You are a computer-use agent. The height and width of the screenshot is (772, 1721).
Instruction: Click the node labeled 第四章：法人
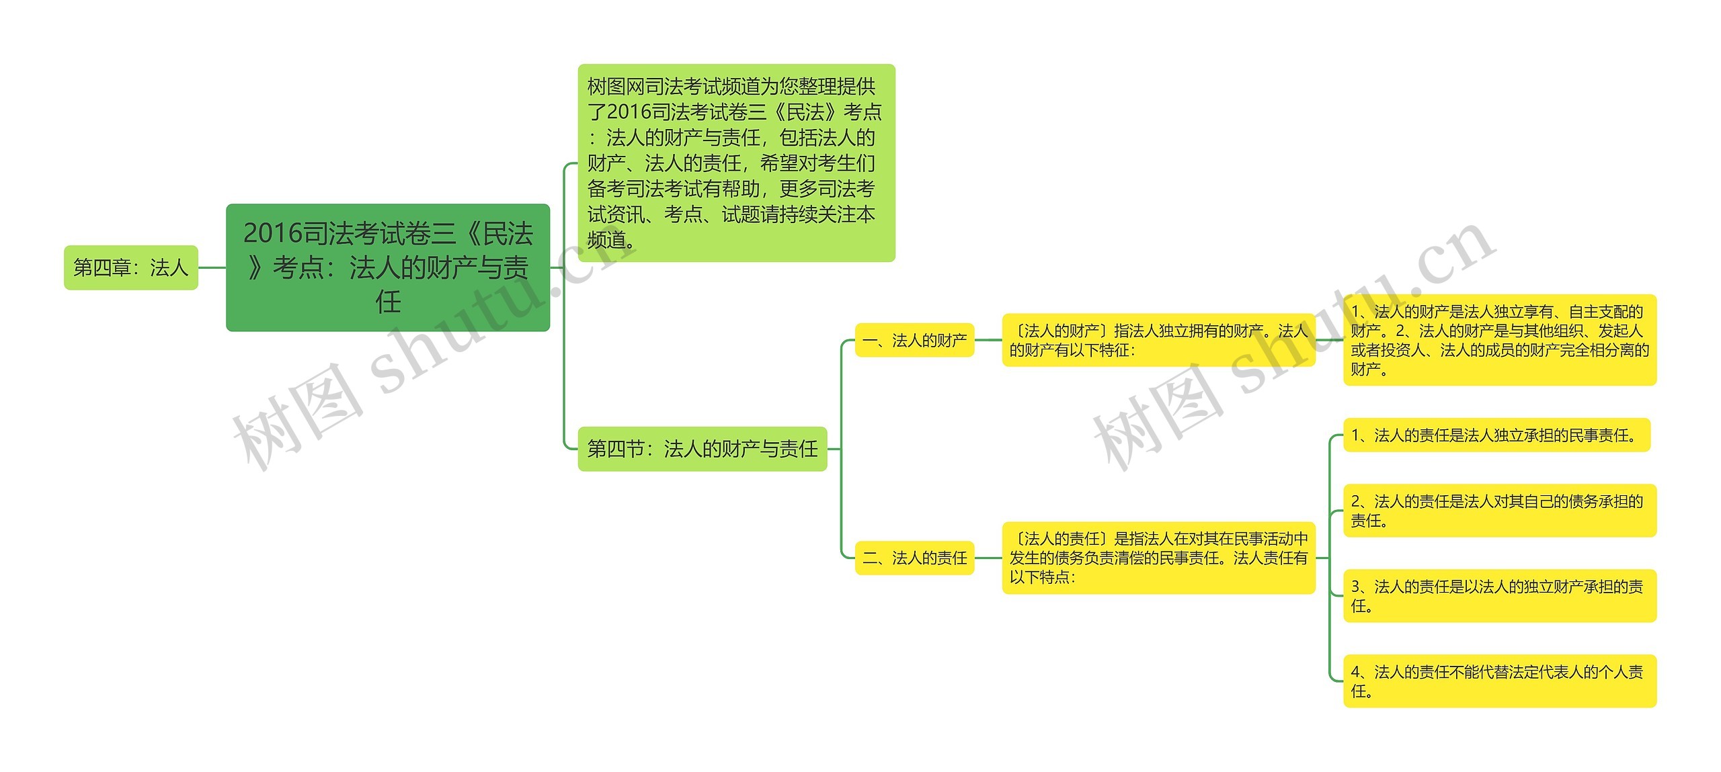click(x=130, y=267)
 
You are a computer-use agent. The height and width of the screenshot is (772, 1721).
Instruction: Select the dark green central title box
click(x=388, y=267)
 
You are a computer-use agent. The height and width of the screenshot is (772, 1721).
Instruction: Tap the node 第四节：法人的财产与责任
click(x=702, y=448)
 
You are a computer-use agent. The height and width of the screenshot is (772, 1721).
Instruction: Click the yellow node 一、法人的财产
click(x=914, y=340)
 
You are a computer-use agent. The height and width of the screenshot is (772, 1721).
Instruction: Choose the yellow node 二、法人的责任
click(x=914, y=557)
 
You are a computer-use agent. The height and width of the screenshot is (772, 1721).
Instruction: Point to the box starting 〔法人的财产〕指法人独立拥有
click(x=1158, y=340)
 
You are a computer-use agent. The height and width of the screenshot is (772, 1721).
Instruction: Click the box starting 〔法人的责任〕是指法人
click(x=1158, y=557)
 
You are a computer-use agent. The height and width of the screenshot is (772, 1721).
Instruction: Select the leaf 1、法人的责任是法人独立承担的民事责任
click(x=1496, y=435)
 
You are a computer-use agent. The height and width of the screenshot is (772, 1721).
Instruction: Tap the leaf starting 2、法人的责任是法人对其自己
click(x=1499, y=511)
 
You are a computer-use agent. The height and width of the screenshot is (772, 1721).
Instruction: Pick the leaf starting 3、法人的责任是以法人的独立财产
click(x=1499, y=596)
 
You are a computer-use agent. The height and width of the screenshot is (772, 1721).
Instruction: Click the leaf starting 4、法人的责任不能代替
click(x=1499, y=681)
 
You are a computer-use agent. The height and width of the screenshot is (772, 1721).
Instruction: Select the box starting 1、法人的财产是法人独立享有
click(x=1499, y=340)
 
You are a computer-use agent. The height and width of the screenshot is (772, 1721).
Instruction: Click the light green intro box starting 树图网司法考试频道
click(x=736, y=163)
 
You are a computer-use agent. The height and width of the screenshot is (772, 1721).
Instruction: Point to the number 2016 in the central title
click(x=273, y=233)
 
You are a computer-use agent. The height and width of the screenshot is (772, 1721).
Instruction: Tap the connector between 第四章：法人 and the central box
click(x=212, y=267)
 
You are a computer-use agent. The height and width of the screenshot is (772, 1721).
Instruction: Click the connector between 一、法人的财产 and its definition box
click(x=988, y=340)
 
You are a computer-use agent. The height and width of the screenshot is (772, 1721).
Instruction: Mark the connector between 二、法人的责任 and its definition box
click(x=988, y=557)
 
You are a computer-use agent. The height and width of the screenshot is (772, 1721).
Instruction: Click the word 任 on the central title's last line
click(x=388, y=302)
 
